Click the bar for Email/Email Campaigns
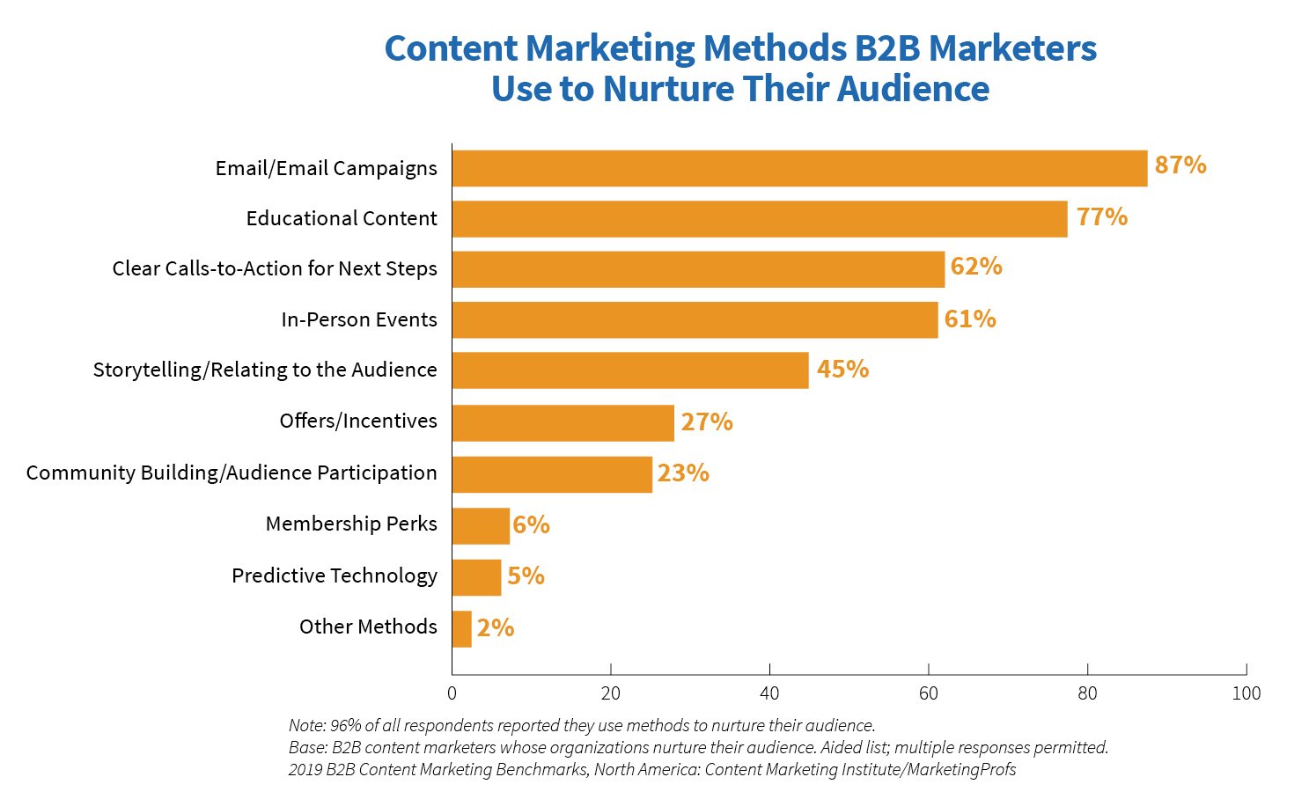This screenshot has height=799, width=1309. pos(799,168)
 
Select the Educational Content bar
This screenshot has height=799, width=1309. pos(759,219)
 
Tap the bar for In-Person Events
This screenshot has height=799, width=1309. pos(695,320)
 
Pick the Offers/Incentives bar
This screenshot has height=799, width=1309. pos(563,422)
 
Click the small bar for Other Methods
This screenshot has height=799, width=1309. pos(461,629)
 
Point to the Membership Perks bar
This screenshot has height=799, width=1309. pos(481,525)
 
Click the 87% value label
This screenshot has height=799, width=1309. pos(1180,165)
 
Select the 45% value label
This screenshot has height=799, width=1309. pos(842,370)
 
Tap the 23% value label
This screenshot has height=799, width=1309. pos(683,473)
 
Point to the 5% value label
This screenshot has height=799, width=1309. pos(526,576)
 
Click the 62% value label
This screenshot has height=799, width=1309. pos(976,267)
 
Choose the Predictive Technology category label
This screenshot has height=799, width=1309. pos(335,575)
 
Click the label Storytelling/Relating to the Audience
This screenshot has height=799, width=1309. pos(265,370)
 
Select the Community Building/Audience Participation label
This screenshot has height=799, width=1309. pos(232,473)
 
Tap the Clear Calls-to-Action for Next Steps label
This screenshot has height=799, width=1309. pos(275,268)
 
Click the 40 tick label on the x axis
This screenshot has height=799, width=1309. pos(769,693)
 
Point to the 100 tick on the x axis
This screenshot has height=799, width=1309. pos(1246,693)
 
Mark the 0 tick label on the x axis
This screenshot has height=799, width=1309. pos(452,693)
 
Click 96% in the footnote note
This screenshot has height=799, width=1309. pos(344,726)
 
